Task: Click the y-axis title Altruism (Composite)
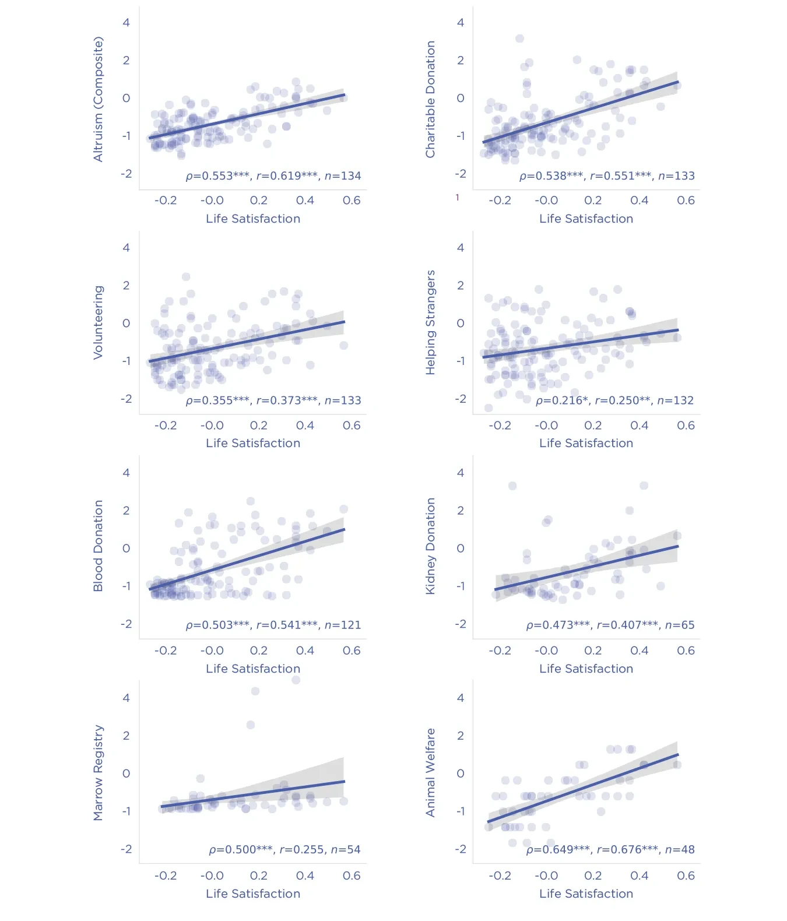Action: (x=98, y=99)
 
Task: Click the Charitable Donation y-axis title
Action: (x=431, y=99)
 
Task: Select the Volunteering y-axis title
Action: (x=98, y=322)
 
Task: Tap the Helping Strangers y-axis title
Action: (x=431, y=322)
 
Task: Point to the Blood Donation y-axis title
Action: (x=98, y=546)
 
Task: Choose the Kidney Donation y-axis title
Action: (x=431, y=546)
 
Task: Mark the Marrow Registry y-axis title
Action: (x=98, y=773)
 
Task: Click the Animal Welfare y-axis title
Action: (x=431, y=773)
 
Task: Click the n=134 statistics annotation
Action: (x=273, y=175)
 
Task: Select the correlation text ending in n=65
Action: (x=610, y=625)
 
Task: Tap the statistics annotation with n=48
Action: (x=610, y=849)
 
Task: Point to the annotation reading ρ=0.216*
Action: (x=615, y=400)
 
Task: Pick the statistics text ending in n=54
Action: (x=285, y=849)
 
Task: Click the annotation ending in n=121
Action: (x=273, y=625)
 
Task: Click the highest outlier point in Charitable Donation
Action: (x=519, y=38)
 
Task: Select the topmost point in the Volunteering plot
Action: (x=186, y=276)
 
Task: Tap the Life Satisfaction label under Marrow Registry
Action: (x=253, y=894)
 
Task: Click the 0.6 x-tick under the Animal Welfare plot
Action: (x=686, y=876)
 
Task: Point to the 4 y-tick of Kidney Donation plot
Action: (x=461, y=473)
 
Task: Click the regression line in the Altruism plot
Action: (x=247, y=116)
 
